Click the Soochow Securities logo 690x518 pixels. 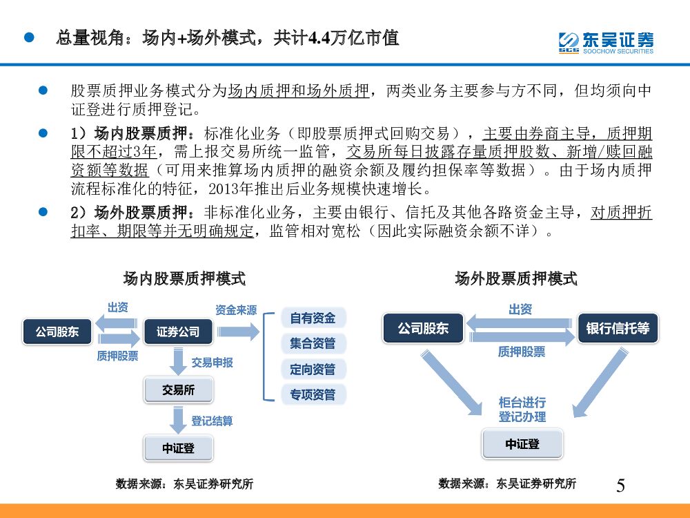tap(605, 41)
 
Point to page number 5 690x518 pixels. tap(620, 486)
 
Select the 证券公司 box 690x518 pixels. tap(178, 332)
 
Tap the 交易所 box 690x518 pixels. tap(178, 390)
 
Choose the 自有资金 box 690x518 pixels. tap(313, 318)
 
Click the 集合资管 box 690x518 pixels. tap(313, 343)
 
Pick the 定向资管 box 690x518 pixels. tap(313, 370)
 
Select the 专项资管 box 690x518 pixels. tap(313, 395)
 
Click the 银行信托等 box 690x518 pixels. tap(618, 329)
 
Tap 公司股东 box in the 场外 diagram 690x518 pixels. tap(423, 329)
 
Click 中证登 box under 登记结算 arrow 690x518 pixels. tap(178, 448)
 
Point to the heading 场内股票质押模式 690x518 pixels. tap(184, 279)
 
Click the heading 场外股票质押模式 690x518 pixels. tap(516, 279)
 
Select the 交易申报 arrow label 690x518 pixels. tap(212, 362)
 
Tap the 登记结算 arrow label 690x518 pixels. tap(212, 421)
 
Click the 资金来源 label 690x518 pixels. tap(236, 310)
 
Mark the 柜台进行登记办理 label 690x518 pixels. tap(522, 410)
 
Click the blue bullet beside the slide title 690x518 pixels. tap(29, 37)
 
